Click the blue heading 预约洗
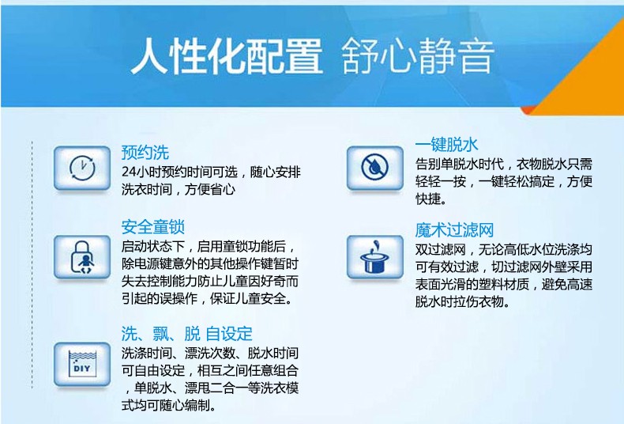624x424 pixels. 145,153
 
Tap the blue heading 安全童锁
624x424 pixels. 152,227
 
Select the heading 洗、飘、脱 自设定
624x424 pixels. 186,334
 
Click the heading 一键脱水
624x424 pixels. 446,144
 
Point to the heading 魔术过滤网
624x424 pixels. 454,230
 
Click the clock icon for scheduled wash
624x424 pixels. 82,168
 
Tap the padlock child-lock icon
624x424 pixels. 82,257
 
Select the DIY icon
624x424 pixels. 82,364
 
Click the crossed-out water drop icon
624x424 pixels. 375,168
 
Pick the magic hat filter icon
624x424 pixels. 375,257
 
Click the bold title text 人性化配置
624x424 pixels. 227,56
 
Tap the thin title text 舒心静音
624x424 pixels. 418,56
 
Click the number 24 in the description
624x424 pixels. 129,172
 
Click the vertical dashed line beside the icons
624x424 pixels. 32,264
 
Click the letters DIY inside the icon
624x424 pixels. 81,368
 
